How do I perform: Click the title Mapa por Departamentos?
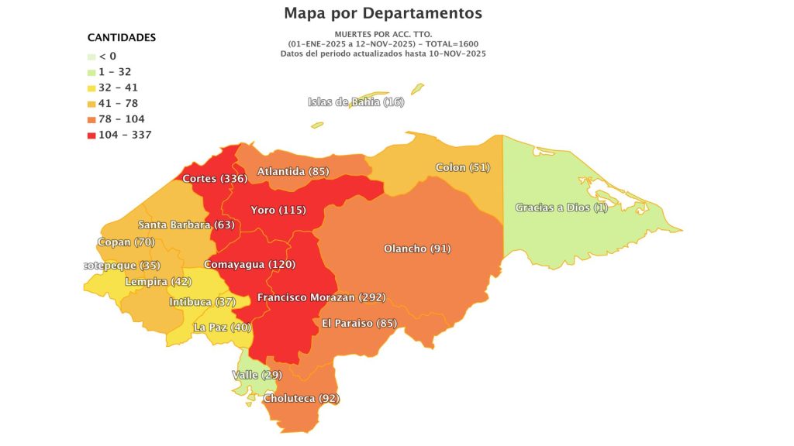click(382, 13)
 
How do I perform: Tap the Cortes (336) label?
click(215, 179)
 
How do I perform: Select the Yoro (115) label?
click(278, 210)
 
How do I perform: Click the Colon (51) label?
click(463, 167)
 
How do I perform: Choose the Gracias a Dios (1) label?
click(561, 208)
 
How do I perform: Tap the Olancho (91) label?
click(417, 249)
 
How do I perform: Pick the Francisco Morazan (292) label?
click(321, 297)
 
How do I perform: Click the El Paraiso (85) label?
click(359, 322)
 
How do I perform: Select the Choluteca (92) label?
click(302, 399)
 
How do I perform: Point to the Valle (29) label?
click(257, 375)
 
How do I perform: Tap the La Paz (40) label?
click(222, 328)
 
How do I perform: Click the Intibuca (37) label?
click(202, 301)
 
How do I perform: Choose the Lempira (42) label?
click(158, 281)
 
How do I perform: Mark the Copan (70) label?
click(126, 242)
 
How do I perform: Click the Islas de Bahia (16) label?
click(356, 102)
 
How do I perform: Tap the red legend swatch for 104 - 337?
click(91, 135)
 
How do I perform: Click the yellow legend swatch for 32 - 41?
click(91, 87)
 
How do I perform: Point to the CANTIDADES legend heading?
click(121, 37)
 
